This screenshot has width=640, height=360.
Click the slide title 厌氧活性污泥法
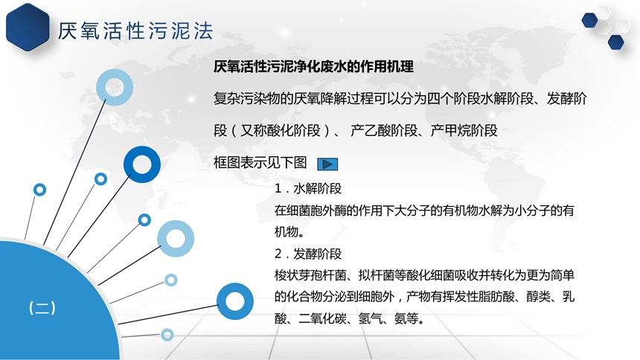click(135, 30)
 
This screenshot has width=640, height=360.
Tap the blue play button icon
click(327, 164)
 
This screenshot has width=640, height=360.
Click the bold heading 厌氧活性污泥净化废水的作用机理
click(313, 66)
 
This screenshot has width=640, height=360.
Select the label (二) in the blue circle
click(42, 308)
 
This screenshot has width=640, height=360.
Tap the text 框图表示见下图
click(260, 162)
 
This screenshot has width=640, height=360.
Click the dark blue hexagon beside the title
click(28, 27)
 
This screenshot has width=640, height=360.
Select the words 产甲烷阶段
click(464, 131)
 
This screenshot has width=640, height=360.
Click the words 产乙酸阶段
click(384, 131)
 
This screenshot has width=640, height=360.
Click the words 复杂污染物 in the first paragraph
click(247, 99)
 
